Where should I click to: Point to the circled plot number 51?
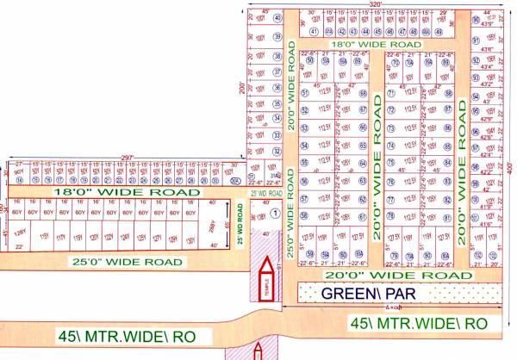coord(304,112)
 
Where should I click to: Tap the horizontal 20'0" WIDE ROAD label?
coord(386,275)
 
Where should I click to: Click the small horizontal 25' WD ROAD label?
coord(263,195)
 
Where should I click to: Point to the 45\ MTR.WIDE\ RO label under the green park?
coord(420,322)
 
